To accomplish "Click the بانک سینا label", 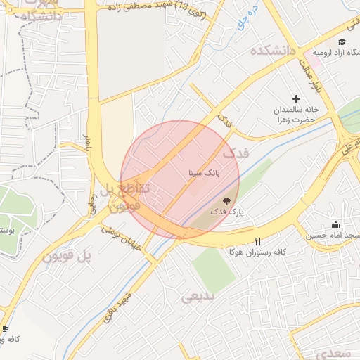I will [x=205, y=172].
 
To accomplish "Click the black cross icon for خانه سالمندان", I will [x=296, y=98].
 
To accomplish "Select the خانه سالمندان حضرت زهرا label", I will [x=297, y=115].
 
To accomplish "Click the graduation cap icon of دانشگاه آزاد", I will [x=342, y=43].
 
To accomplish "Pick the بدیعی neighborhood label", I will [x=200, y=296].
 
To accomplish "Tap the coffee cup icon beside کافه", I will [x=5, y=328].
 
